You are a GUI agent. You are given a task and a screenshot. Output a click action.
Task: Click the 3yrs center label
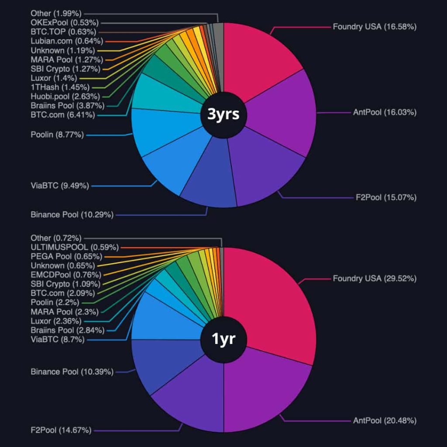[x=223, y=115]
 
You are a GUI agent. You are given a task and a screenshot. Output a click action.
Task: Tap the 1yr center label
[x=223, y=339]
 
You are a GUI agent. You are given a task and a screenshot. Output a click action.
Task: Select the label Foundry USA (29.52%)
[x=374, y=279]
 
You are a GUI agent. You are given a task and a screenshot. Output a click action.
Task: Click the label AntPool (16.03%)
[x=384, y=112]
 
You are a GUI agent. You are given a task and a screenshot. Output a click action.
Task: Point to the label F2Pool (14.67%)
[x=61, y=430]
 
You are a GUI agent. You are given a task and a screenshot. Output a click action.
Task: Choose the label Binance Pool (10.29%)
[x=72, y=215]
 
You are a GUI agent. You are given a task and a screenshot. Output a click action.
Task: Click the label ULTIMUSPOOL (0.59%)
[x=74, y=247]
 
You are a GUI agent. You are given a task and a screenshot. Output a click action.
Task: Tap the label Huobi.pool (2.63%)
[x=65, y=96]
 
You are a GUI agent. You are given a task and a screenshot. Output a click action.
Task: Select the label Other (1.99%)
[x=55, y=14]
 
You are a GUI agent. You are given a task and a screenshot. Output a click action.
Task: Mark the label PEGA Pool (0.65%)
[x=66, y=256]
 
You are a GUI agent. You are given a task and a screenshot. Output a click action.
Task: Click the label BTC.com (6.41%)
[x=62, y=115]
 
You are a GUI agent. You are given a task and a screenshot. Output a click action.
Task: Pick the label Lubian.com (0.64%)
[x=67, y=41]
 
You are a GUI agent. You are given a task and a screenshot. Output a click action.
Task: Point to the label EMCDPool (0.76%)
[x=65, y=275]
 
